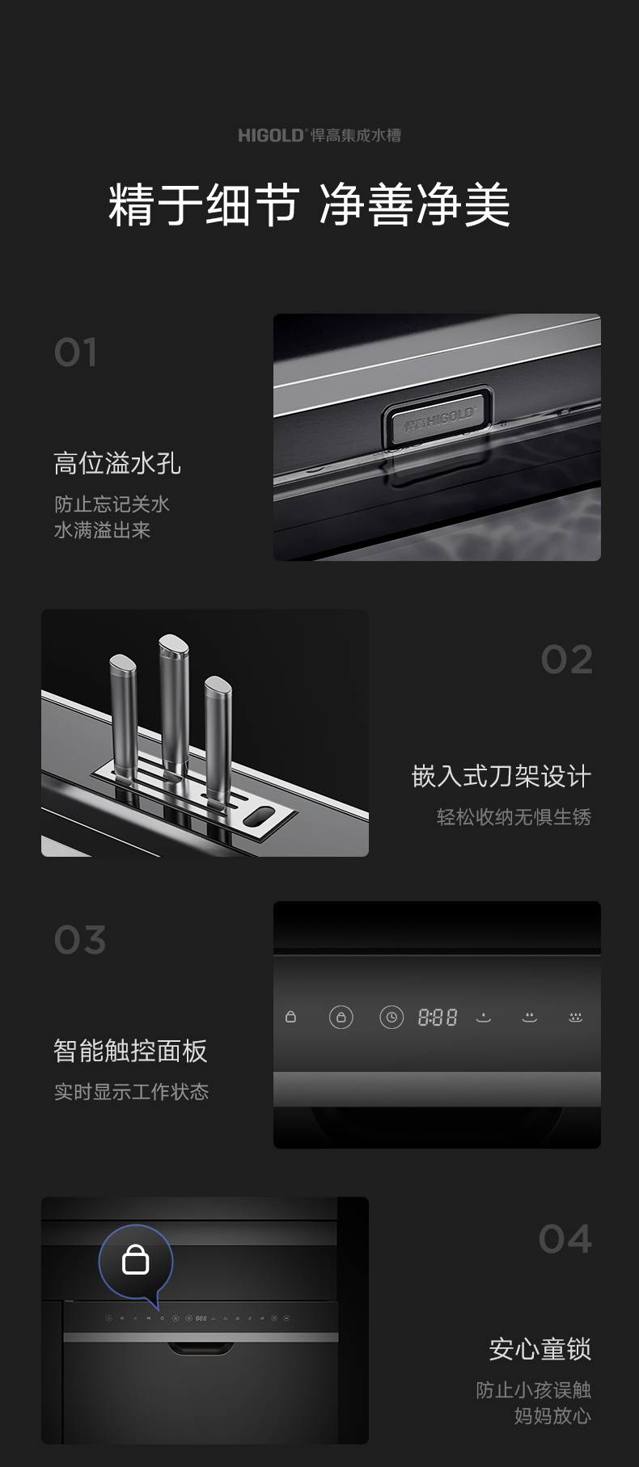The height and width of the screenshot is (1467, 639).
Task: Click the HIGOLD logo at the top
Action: point(319,135)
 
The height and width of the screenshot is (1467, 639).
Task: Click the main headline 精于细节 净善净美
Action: point(309,204)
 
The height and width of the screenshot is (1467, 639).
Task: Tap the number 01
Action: point(75,352)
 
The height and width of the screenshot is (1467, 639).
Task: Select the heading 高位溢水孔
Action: point(117,463)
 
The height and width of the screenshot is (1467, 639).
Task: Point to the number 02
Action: point(566,660)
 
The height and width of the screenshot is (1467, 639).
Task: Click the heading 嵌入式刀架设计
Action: point(501,776)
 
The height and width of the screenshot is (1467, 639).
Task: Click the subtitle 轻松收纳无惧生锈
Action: point(514,817)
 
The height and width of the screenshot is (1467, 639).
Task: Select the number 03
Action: point(79,940)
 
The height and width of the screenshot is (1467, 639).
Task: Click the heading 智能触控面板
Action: point(130,1051)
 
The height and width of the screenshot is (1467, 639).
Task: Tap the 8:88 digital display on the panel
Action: point(438,1018)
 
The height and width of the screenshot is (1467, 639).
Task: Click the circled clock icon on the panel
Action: point(391,1017)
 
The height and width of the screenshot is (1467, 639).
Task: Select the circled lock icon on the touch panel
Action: point(341,1017)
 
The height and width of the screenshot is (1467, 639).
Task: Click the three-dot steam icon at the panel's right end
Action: point(575,1017)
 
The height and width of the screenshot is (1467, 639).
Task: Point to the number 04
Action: point(565,1239)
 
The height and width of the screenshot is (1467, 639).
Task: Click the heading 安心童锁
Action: point(540,1349)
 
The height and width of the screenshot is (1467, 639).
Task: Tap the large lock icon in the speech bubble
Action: point(135,1258)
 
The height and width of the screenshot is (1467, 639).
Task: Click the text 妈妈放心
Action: point(552,1416)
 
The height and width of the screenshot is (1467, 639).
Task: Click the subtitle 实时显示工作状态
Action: point(131,1092)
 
